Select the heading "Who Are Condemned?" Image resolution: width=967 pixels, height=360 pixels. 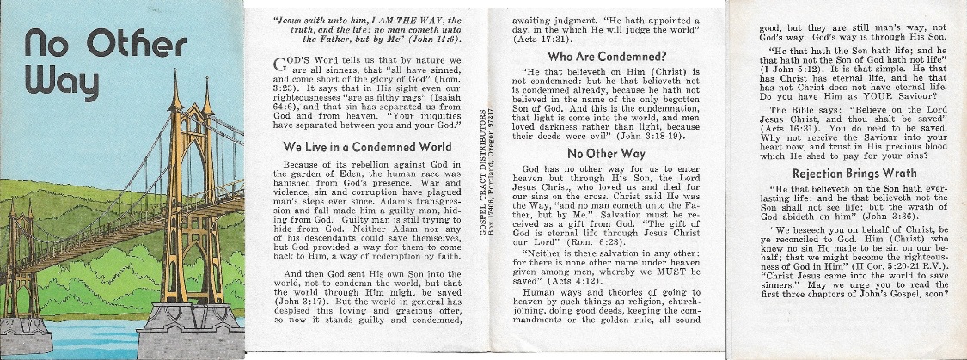[x=601, y=57]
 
